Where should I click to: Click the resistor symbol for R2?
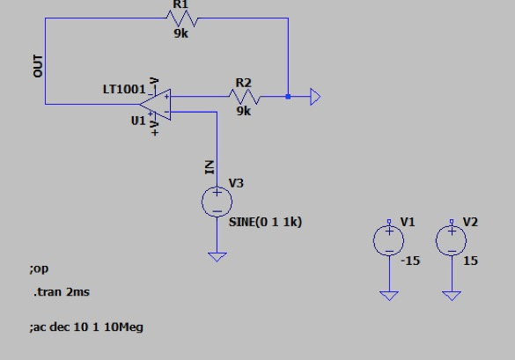pyautogui.click(x=243, y=98)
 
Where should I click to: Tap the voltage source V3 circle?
pyautogui.click(x=217, y=203)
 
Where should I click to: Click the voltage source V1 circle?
pyautogui.click(x=388, y=240)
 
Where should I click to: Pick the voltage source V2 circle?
pyautogui.click(x=452, y=240)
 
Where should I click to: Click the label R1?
pyautogui.click(x=180, y=4)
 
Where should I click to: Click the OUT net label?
pyautogui.click(x=38, y=66)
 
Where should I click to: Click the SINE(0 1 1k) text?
pyautogui.click(x=265, y=222)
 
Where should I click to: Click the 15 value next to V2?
pyautogui.click(x=471, y=261)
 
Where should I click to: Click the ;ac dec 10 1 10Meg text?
pyautogui.click(x=85, y=327)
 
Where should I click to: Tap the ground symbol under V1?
pyautogui.click(x=388, y=296)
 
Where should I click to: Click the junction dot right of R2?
pyautogui.click(x=288, y=98)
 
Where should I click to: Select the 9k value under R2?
pyautogui.click(x=243, y=113)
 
